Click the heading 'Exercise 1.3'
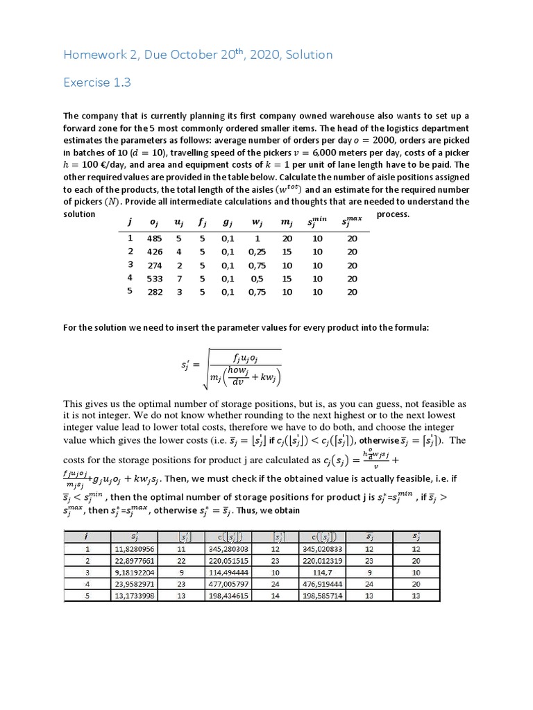(97, 83)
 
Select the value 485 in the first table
(155, 239)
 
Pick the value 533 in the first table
(155, 279)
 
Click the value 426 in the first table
(155, 252)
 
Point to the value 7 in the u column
(179, 279)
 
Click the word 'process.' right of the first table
(393, 214)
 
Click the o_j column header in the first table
(154, 223)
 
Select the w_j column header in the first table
(256, 223)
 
